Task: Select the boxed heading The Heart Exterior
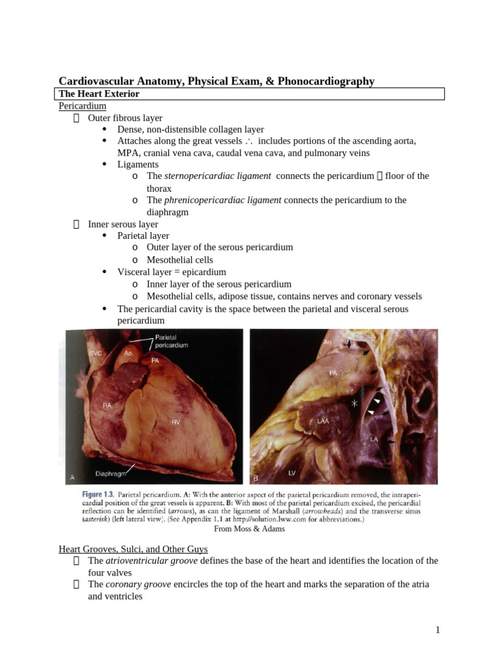click(x=99, y=94)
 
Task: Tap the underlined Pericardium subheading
click(x=83, y=106)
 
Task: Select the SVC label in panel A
click(x=96, y=352)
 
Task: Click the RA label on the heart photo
click(x=108, y=405)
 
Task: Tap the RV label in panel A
click(x=175, y=423)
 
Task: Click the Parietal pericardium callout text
click(x=172, y=341)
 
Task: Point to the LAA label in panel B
click(x=323, y=421)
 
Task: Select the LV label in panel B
click(x=292, y=471)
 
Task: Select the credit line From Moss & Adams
click(x=250, y=529)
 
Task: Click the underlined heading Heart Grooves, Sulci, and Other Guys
click(x=133, y=550)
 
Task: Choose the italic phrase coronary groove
click(x=138, y=585)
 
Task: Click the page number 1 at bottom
click(x=438, y=630)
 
